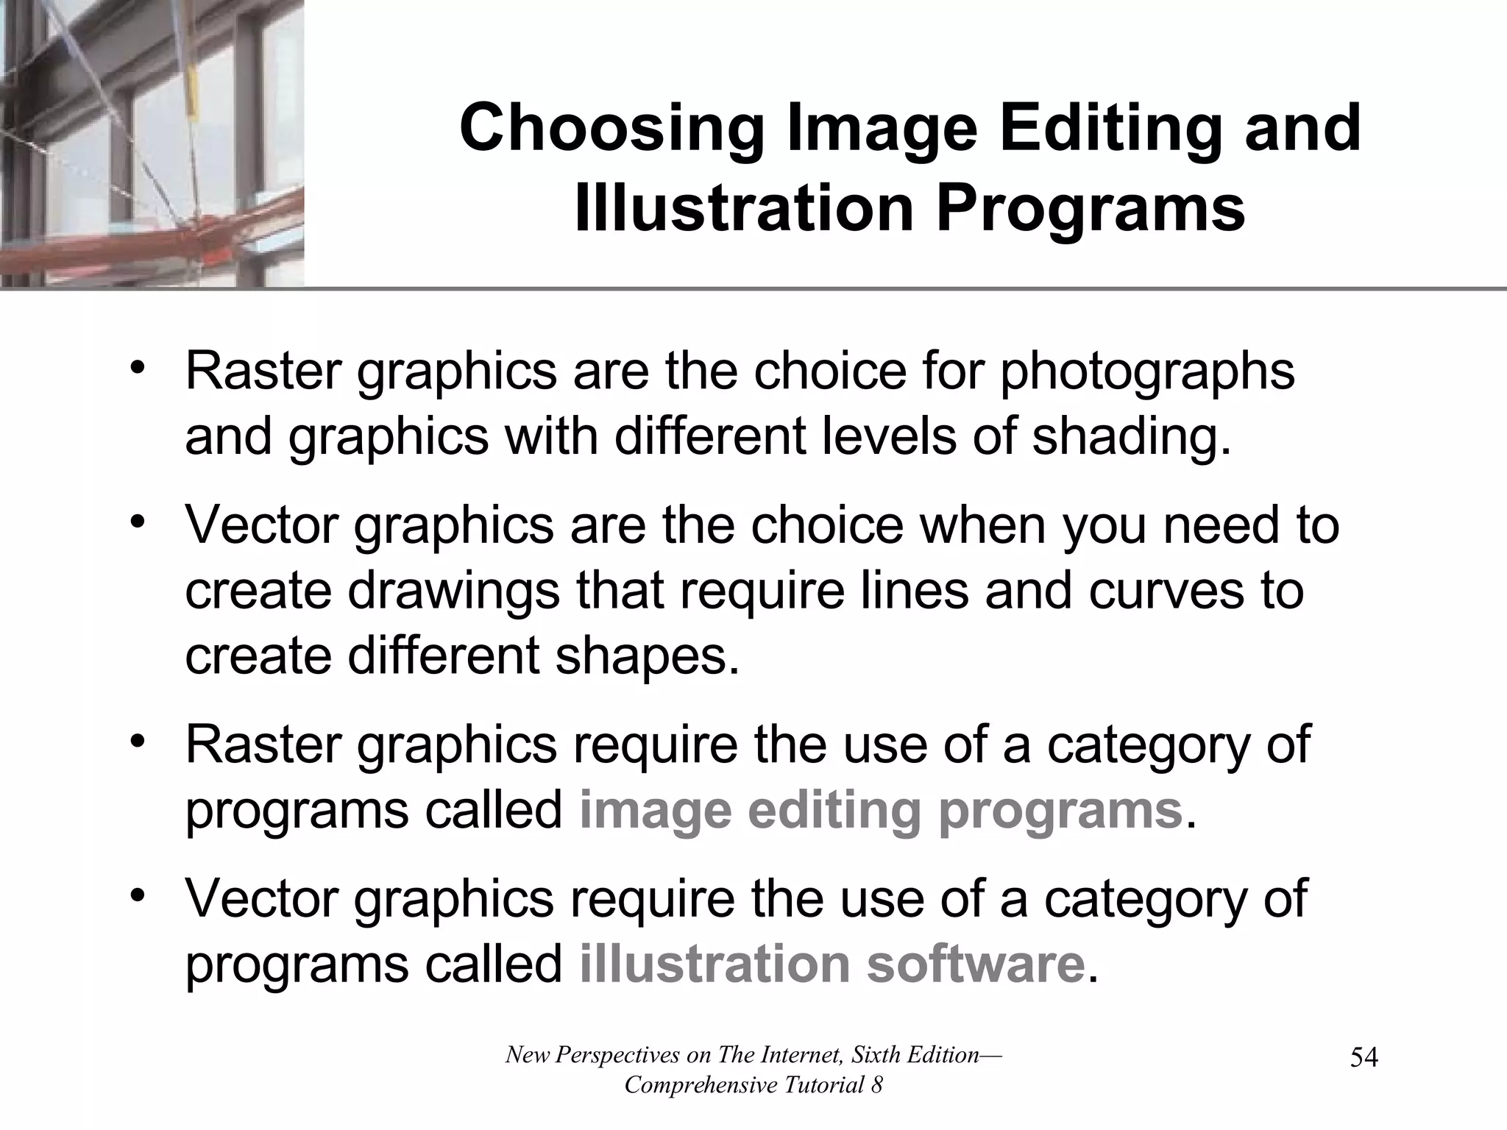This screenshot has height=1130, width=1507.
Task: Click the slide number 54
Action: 1364,1058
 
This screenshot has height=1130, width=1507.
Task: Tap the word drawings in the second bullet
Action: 453,590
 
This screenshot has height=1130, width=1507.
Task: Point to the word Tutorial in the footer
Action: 816,1085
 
